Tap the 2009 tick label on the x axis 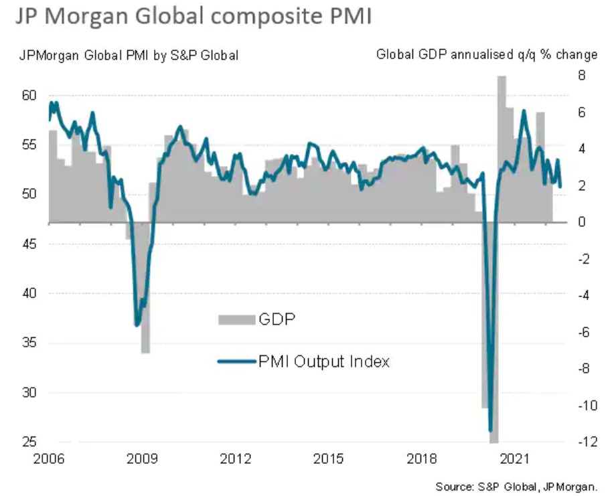click(143, 459)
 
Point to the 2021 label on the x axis click(516, 459)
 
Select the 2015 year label click(329, 459)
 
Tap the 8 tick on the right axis click(582, 76)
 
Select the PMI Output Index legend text click(323, 361)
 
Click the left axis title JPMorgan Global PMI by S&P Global click(128, 56)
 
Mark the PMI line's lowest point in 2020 click(491, 430)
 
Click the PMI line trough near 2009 click(137, 325)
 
